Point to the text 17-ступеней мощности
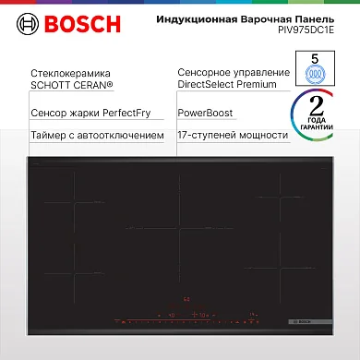click(232, 136)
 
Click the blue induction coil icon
click(316, 75)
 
